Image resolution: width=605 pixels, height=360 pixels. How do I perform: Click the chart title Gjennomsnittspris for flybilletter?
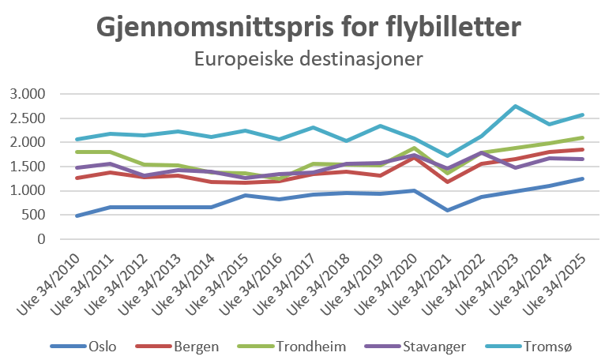309,28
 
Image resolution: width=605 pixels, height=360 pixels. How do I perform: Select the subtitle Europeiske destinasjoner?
309,58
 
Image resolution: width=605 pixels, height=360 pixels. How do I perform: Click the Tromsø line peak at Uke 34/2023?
516,106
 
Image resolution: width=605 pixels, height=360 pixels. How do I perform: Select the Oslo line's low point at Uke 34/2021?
448,210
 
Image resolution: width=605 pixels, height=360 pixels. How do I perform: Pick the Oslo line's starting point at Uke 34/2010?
77,216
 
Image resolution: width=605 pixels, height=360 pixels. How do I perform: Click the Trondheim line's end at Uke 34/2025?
583,137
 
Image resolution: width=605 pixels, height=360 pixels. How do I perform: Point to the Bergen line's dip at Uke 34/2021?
448,182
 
